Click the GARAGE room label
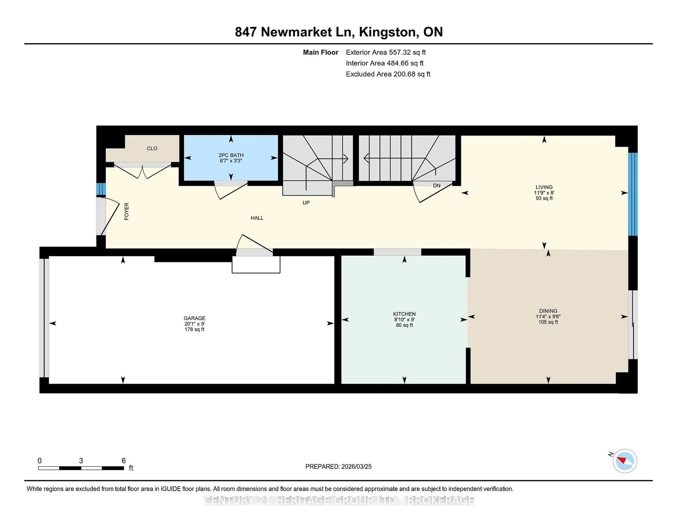(194, 318)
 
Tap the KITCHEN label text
(404, 314)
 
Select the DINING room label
(548, 311)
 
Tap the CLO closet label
(152, 148)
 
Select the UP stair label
(306, 203)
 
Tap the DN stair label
(437, 186)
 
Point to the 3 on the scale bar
(81, 461)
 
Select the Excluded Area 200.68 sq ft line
(388, 74)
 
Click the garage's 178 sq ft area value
(194, 329)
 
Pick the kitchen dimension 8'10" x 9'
(404, 319)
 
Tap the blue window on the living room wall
(633, 194)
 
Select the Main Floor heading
(321, 52)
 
